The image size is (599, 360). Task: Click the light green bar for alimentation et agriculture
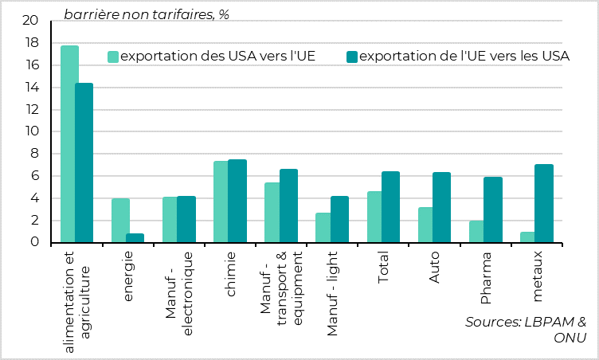69,144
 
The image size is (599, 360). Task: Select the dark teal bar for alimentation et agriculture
84,163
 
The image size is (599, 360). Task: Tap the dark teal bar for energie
135,238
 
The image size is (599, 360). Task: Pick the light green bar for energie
120,221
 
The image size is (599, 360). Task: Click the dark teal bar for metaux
544,204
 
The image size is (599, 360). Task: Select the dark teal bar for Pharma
493,210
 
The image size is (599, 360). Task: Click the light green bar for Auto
426,225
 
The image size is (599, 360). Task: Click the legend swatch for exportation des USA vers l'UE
113,56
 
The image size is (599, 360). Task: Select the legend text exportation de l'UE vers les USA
464,56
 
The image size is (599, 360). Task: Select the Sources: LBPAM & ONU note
527,330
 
